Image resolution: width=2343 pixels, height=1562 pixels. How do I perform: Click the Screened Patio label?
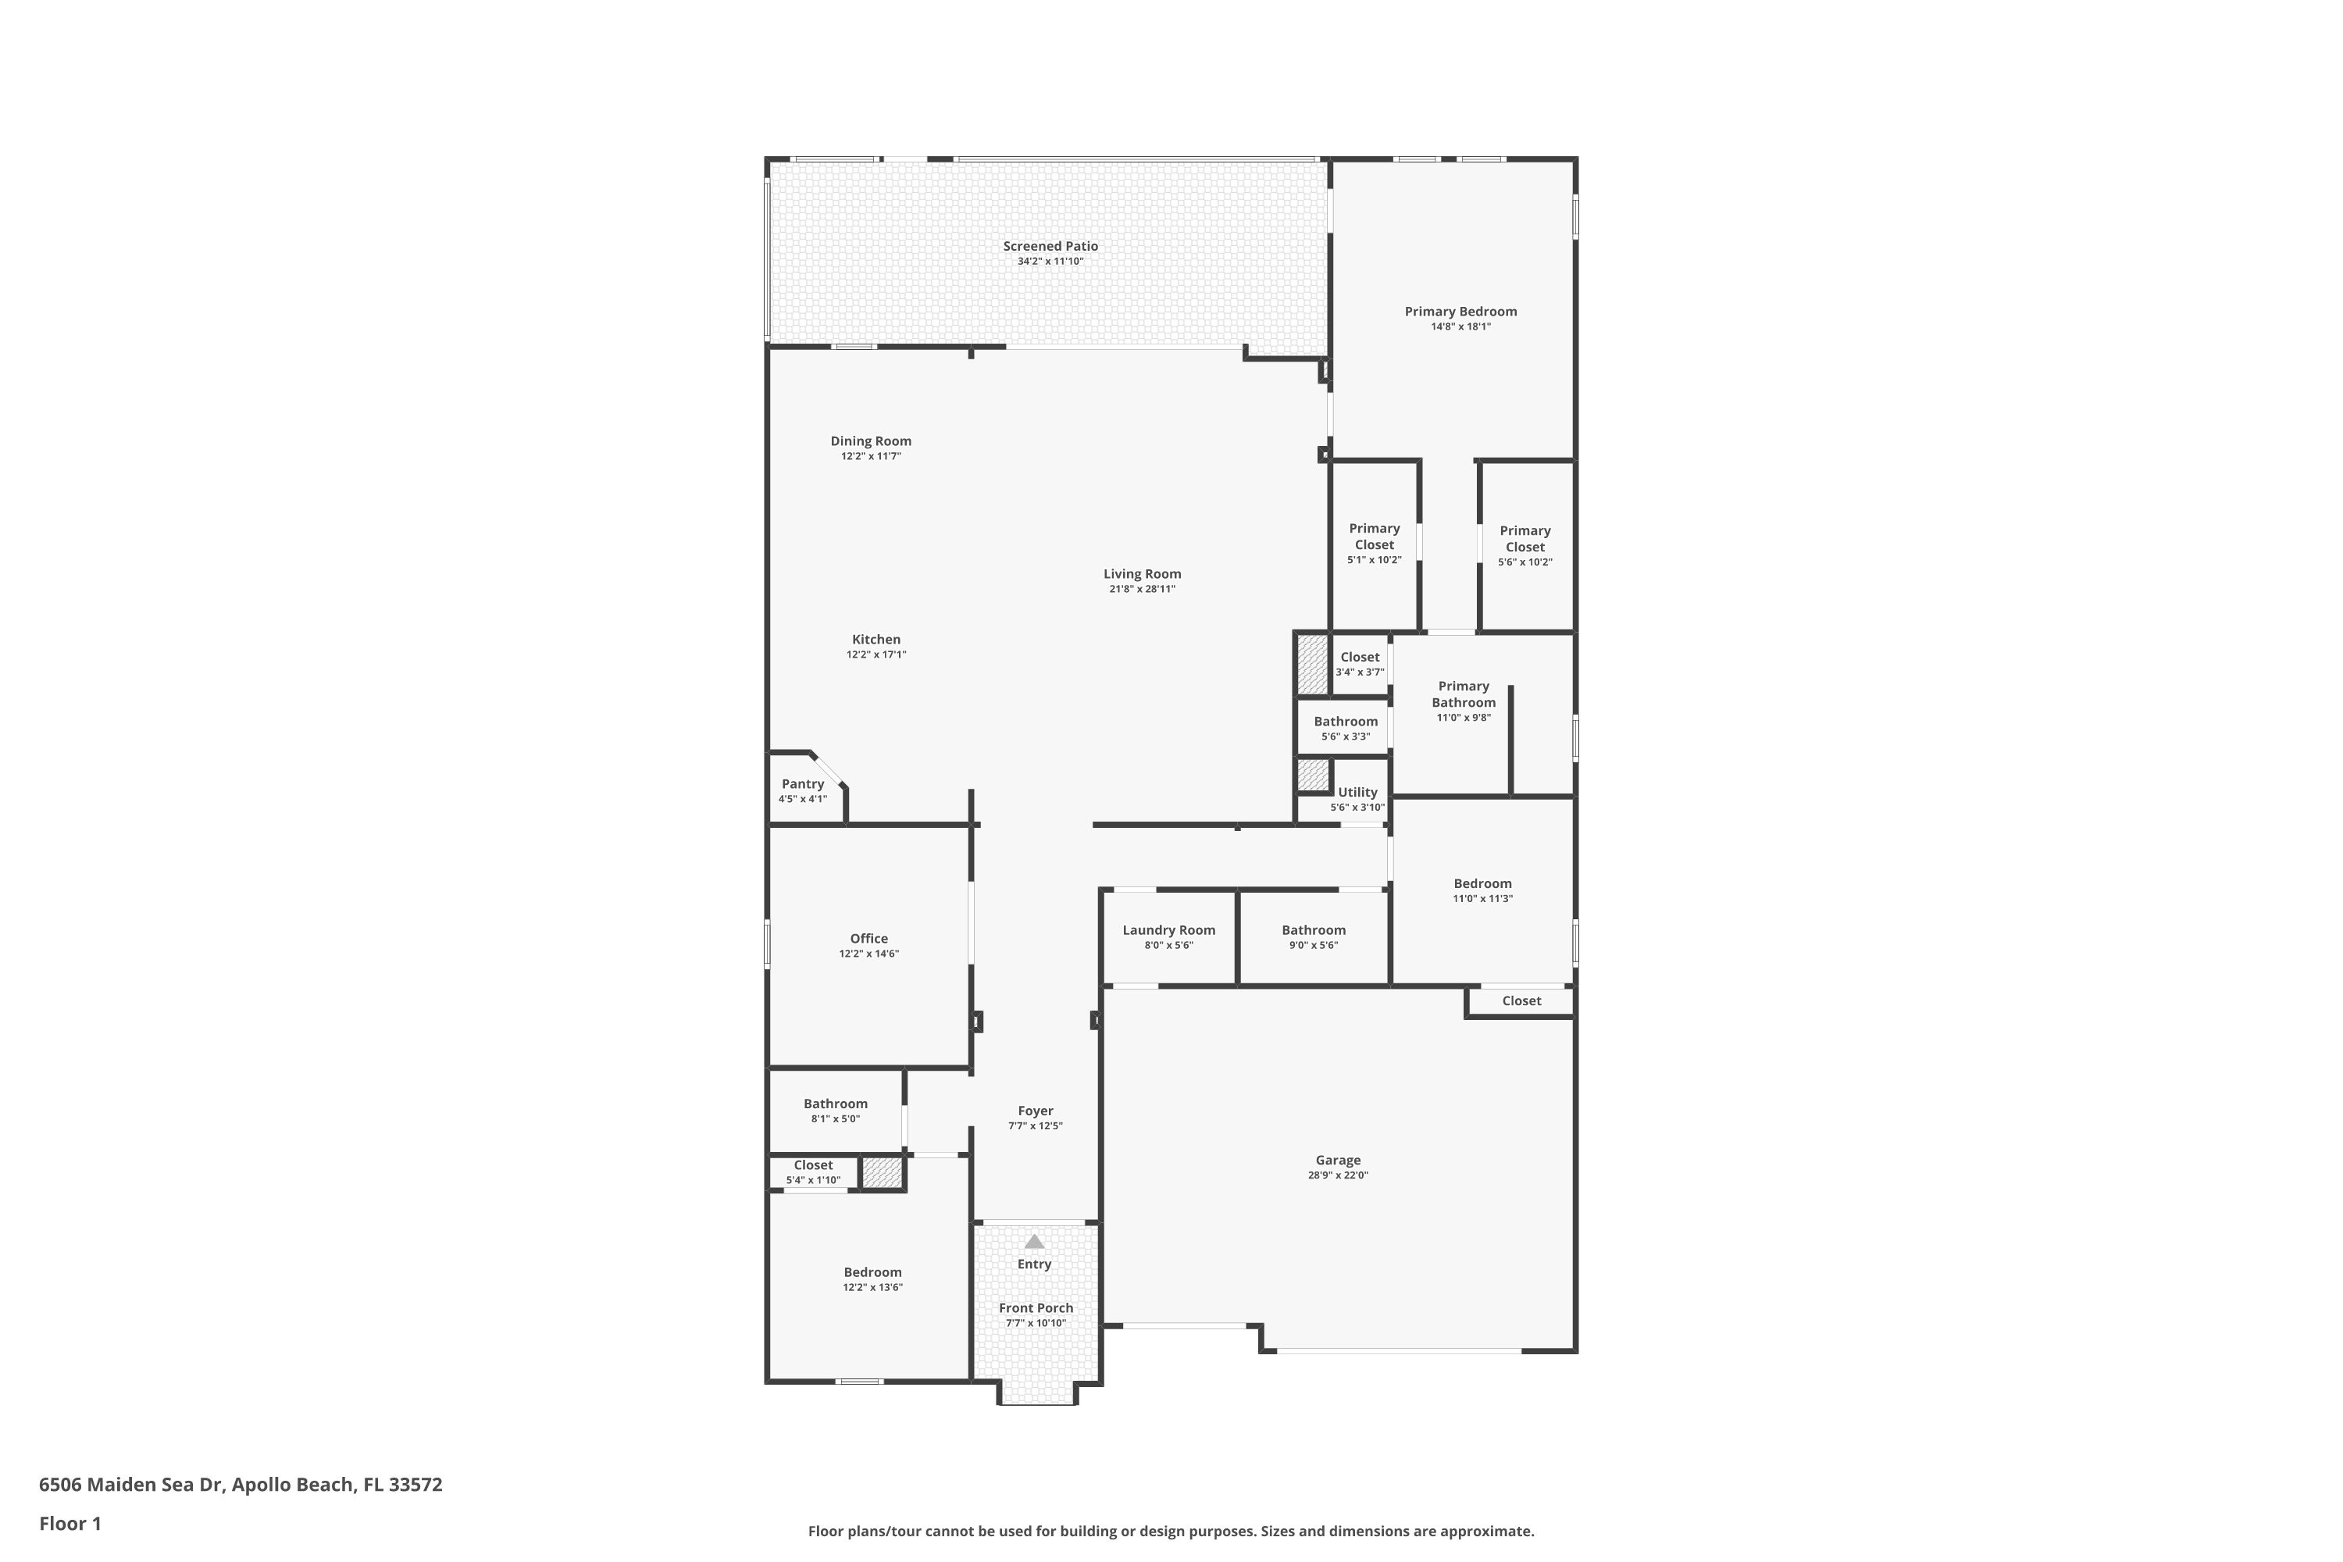(x=1050, y=246)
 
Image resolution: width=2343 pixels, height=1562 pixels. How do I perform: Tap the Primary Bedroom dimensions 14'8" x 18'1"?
(x=1460, y=326)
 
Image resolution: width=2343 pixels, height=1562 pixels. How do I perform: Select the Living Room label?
(x=1142, y=574)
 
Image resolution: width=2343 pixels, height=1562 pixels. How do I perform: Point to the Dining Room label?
(x=871, y=441)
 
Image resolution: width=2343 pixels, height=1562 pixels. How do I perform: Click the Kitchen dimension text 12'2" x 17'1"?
(x=876, y=654)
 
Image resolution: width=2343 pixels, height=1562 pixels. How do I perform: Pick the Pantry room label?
(x=802, y=784)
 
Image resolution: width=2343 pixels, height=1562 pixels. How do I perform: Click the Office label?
(x=868, y=939)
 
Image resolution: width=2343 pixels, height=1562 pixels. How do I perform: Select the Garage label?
(x=1337, y=1160)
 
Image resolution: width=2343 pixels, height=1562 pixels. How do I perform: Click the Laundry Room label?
(x=1168, y=930)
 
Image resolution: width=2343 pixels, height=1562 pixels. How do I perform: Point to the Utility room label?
(x=1357, y=792)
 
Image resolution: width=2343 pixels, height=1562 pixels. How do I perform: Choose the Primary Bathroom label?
(x=1464, y=694)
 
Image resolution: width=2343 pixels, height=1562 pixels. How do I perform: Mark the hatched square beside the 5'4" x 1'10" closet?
(x=882, y=1172)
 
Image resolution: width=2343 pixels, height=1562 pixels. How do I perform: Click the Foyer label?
(x=1035, y=1111)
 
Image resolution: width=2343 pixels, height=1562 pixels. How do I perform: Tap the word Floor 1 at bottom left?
(x=70, y=1523)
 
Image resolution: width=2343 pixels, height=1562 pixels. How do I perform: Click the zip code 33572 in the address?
(x=415, y=1485)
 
